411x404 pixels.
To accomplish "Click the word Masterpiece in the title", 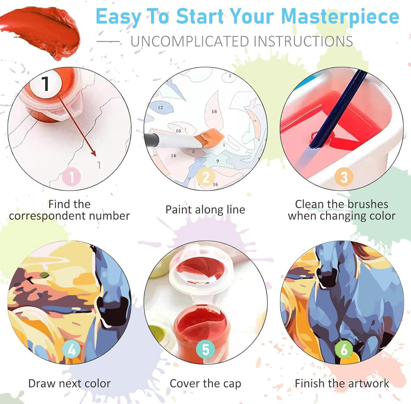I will click(x=340, y=17).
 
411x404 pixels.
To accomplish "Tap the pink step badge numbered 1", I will click(x=71, y=177).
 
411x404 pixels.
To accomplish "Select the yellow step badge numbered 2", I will click(x=206, y=177).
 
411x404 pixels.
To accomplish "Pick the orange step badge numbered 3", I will click(x=344, y=177).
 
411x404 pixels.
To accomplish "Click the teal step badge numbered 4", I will click(x=71, y=349).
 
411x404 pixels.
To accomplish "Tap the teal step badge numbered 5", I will click(x=206, y=349).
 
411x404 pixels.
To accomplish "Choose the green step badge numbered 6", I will click(x=344, y=349).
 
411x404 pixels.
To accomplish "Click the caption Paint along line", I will click(x=205, y=210).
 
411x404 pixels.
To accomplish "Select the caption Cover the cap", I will click(x=205, y=383).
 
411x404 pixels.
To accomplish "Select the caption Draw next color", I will click(x=69, y=383).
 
